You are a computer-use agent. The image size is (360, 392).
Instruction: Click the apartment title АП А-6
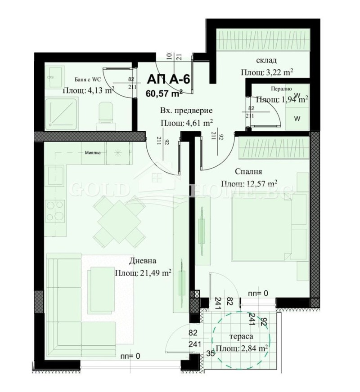pyautogui.click(x=169, y=79)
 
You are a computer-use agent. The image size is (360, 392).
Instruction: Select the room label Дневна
pyautogui.click(x=143, y=261)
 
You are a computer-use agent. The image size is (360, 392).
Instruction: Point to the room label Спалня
pyautogui.click(x=248, y=171)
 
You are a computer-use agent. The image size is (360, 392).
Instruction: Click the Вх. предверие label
pyautogui.click(x=186, y=111)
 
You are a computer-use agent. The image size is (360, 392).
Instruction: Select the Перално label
pyautogui.click(x=282, y=89)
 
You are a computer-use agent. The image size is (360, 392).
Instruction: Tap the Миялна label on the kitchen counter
pyautogui.click(x=94, y=152)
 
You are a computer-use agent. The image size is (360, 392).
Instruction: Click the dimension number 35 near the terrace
pyautogui.click(x=210, y=353)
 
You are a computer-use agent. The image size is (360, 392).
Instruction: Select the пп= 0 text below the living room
pyautogui.click(x=130, y=356)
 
